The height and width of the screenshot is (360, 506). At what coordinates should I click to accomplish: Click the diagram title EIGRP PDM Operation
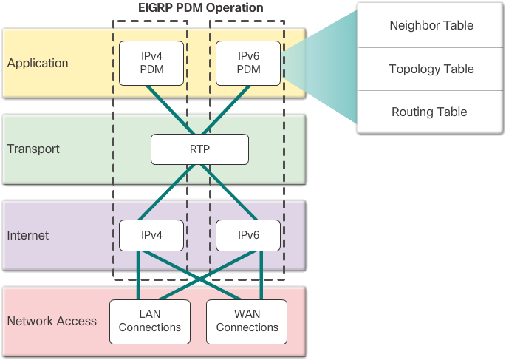coord(199,8)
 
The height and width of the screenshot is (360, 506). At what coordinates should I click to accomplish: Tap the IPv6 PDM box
coord(247,63)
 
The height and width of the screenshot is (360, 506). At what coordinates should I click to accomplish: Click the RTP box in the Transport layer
coord(199,149)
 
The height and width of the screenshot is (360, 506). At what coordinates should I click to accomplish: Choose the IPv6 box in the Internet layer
coord(247,235)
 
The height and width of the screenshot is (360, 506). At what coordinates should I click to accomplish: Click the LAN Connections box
coord(150,321)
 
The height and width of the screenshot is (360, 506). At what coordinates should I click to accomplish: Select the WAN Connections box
coord(247,321)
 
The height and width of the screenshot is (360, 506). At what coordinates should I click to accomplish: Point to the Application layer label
coord(38,63)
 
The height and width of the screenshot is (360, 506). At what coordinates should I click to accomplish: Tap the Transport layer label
coord(33,149)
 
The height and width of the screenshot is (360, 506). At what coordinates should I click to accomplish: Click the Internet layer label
coord(28,235)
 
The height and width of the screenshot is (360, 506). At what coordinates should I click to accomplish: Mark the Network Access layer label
coord(52,321)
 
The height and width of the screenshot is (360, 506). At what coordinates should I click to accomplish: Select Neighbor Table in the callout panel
coord(431,26)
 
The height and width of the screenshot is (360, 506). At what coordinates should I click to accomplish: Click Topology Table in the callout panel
coord(431,69)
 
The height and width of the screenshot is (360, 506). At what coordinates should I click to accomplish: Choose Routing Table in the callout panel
coord(429,112)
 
